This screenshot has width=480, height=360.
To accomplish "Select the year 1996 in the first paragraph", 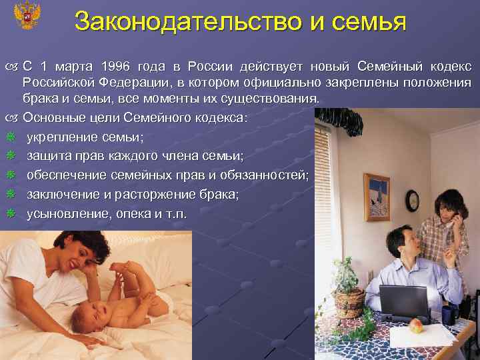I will [x=115, y=67].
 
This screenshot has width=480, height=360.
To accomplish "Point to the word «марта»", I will [x=75, y=67].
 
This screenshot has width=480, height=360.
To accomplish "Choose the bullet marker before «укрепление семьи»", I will [x=9, y=137].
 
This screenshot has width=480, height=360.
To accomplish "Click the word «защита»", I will [x=50, y=157].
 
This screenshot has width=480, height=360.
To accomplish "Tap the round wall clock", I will [x=412, y=200].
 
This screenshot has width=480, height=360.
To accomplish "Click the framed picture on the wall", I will [x=377, y=197].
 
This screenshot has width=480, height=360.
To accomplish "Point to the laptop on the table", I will [x=404, y=303].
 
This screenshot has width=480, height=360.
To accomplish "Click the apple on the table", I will [x=415, y=327].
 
